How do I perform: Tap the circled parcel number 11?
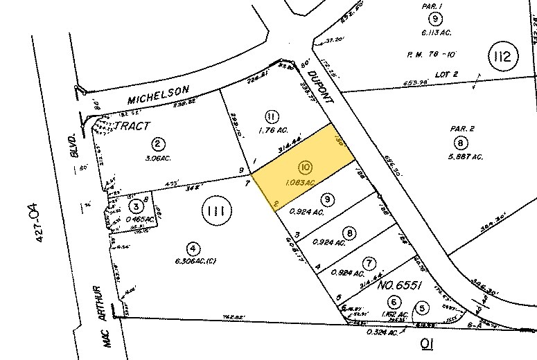(272, 114)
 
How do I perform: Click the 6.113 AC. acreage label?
(435, 31)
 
